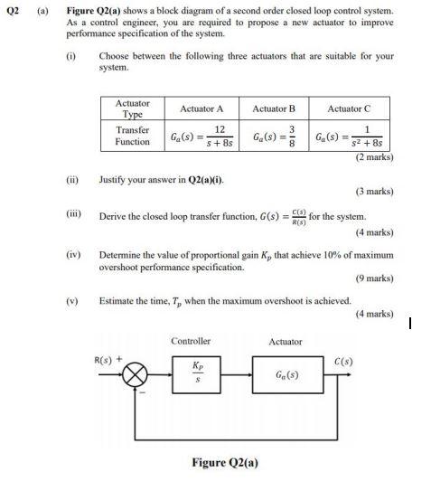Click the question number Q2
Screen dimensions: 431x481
[x=14, y=12]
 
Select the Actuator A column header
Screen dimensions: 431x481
[x=201, y=108]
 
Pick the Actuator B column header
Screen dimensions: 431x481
[x=274, y=108]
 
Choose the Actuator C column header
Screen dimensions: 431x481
[x=349, y=108]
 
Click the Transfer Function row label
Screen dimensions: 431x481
[x=133, y=136]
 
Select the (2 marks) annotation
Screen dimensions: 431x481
[x=372, y=157]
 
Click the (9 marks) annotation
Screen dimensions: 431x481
[x=372, y=278]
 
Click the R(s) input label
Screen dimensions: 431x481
[x=109, y=360]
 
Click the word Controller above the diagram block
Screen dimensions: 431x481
[x=191, y=341]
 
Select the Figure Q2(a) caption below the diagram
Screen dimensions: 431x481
[x=224, y=462]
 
